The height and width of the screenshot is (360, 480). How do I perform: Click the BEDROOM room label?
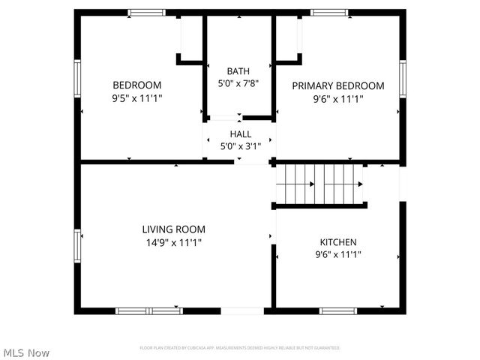(x=136, y=85)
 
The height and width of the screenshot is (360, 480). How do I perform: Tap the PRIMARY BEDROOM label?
(x=337, y=85)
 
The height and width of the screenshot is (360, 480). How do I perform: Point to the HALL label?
(x=240, y=134)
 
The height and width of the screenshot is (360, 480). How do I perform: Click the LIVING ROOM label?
(x=174, y=229)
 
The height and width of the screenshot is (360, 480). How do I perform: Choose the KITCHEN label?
(x=338, y=242)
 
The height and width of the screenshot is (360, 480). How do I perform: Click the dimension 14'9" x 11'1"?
(x=174, y=242)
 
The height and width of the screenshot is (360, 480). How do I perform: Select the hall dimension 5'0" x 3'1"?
(x=240, y=146)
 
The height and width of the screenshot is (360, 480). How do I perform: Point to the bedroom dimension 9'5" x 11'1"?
(x=136, y=97)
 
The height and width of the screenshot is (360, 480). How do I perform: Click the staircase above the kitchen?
(x=320, y=184)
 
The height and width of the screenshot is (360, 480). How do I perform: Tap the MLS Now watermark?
(x=26, y=352)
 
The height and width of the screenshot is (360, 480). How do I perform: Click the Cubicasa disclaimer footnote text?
(x=240, y=348)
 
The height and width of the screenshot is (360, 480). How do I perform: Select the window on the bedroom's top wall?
(x=146, y=13)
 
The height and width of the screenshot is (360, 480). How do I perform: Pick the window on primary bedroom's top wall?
(x=330, y=13)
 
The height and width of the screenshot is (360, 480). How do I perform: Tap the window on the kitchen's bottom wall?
(x=338, y=310)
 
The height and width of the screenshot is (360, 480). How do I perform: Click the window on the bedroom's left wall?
(x=77, y=79)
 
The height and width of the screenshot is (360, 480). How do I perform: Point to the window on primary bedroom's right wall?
(x=402, y=79)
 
